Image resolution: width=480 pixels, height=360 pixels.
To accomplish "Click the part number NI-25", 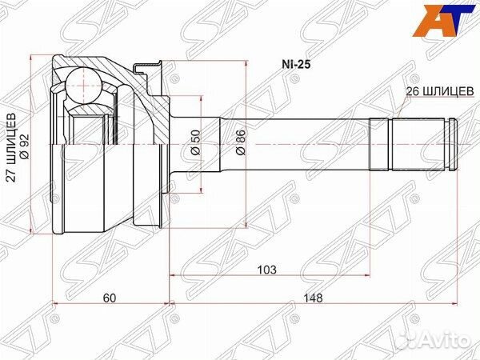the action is point(296,65).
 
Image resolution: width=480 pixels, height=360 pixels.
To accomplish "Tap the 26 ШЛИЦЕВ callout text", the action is point(439,91).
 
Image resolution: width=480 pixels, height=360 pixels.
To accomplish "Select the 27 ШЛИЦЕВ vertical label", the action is point(12,148).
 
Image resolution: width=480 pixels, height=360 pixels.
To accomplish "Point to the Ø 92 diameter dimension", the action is point(24,146).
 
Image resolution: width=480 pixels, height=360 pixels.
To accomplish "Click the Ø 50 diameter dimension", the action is point(196,142).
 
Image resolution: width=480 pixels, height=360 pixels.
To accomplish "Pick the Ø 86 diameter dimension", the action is point(241,142).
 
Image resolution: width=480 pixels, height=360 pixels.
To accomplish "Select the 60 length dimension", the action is point(110,298).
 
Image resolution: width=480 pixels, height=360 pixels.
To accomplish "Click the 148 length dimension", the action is point(313,298).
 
